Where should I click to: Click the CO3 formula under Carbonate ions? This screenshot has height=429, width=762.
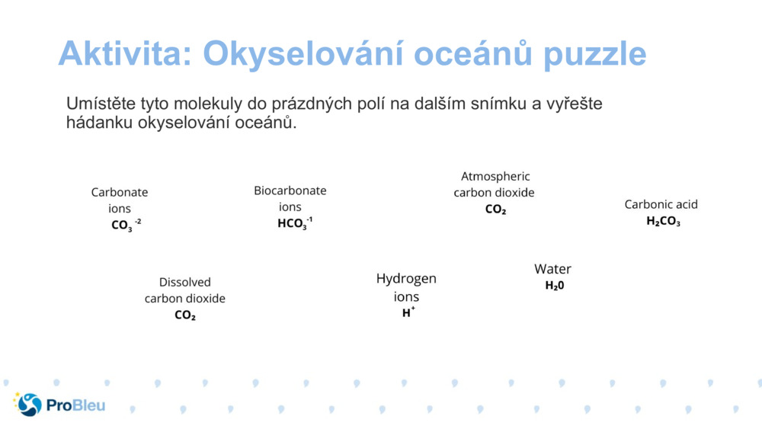pyautogui.click(x=126, y=225)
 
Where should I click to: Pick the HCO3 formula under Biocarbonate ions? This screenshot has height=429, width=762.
pyautogui.click(x=294, y=223)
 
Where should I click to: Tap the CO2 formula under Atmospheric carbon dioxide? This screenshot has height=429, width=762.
pyautogui.click(x=495, y=210)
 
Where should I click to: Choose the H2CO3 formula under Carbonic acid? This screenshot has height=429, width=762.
pyautogui.click(x=663, y=221)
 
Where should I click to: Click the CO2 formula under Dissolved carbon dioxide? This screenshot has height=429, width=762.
pyautogui.click(x=185, y=315)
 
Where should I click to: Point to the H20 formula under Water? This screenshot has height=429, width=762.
pyautogui.click(x=554, y=286)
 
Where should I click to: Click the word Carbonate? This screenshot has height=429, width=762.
pyautogui.click(x=120, y=193)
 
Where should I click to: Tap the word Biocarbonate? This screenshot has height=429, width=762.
pyautogui.click(x=290, y=190)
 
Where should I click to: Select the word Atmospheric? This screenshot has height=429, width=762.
pyautogui.click(x=495, y=176)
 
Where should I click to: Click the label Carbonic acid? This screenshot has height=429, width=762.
pyautogui.click(x=661, y=204)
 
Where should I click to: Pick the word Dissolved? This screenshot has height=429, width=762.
pyautogui.click(x=185, y=282)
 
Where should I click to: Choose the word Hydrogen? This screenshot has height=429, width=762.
pyautogui.click(x=406, y=279)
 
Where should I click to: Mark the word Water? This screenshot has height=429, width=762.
pyautogui.click(x=552, y=269)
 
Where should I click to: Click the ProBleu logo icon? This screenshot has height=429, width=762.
pyautogui.click(x=28, y=405)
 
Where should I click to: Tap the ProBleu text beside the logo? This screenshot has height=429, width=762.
pyautogui.click(x=75, y=405)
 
